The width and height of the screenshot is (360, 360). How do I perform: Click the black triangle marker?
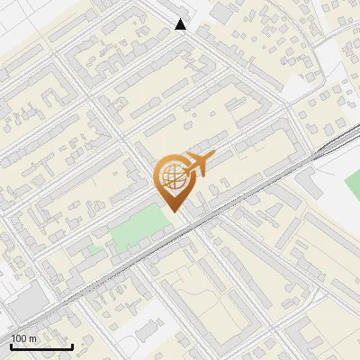tap(181, 24)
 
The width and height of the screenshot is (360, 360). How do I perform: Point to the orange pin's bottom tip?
tap(174, 210)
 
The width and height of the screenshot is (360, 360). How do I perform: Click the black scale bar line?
tap(40, 346)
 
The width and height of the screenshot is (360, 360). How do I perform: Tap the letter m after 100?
tap(32, 338)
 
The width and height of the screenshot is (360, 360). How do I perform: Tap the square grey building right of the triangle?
tap(220, 14)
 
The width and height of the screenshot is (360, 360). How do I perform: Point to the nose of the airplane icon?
tap(214, 156)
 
